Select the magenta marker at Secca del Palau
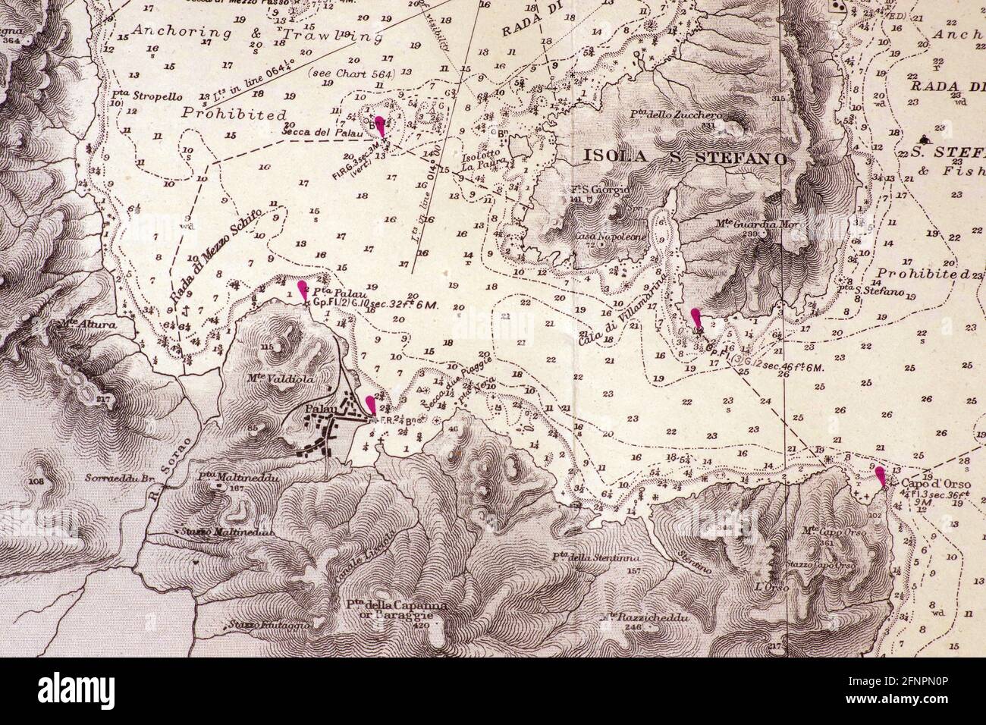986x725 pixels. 381,126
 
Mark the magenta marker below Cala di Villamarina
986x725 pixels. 696,317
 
